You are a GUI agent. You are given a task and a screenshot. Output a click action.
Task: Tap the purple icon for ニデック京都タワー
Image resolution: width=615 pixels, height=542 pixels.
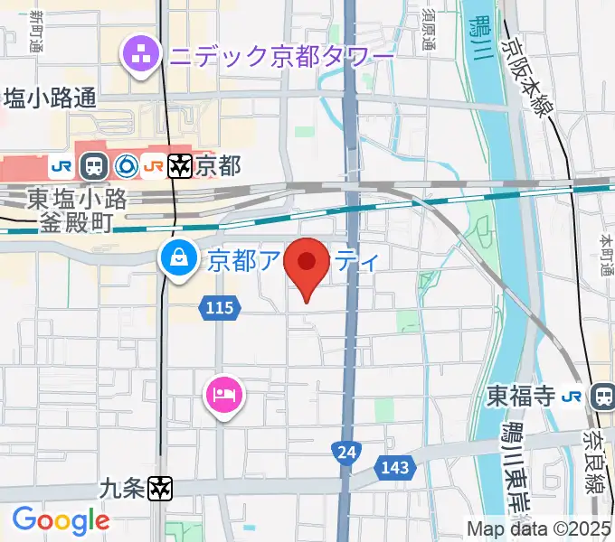(142, 56)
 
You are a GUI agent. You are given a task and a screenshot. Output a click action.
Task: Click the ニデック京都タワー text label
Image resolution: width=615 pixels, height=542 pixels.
(280, 58)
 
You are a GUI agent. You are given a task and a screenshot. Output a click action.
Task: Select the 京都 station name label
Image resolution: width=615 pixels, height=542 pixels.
(219, 166)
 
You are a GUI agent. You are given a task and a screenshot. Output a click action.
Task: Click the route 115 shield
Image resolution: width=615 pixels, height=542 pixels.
(220, 309)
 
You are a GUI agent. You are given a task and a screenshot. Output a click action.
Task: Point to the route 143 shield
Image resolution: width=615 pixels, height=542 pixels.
(394, 468)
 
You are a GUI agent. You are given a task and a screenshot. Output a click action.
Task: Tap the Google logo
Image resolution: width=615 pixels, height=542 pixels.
(61, 519)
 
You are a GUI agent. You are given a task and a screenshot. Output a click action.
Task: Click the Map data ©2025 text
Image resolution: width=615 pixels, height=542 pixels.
(539, 528)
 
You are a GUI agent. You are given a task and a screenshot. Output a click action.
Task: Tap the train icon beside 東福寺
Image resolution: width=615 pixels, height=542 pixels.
(601, 396)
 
